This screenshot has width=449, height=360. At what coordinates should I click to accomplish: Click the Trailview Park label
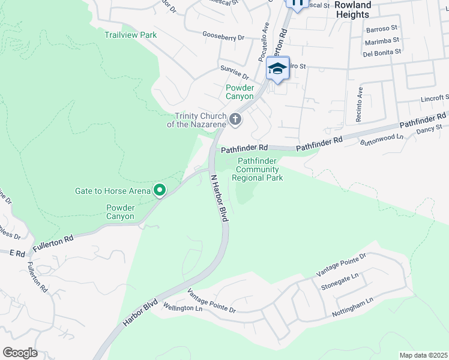coord(130,35)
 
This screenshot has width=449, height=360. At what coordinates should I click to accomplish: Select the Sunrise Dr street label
coord(234,72)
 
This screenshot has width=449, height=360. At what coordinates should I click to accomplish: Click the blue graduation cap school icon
coord(277,69)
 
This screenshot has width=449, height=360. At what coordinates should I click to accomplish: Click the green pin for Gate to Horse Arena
coord(160,191)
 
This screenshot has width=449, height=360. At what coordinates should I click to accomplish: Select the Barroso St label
coord(382,28)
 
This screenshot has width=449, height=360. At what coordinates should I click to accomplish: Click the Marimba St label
coord(382,40)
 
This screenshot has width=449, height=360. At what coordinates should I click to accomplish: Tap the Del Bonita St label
coord(382,52)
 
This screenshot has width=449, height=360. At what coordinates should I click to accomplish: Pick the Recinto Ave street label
coord(360,104)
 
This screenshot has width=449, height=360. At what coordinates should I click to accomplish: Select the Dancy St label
coord(429,127)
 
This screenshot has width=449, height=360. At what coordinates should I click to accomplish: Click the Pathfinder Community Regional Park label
coord(258,170)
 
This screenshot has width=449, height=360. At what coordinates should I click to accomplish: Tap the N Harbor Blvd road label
coord(218,199)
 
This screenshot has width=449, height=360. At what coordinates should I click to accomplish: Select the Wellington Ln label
coord(182,308)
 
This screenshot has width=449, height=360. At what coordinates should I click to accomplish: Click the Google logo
coord(20,353)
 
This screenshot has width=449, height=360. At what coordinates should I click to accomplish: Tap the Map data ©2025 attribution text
coord(423,355)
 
